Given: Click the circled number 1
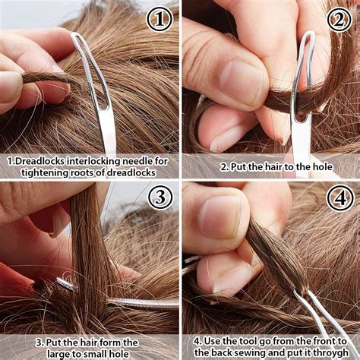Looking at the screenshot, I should pyautogui.click(x=159, y=18).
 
